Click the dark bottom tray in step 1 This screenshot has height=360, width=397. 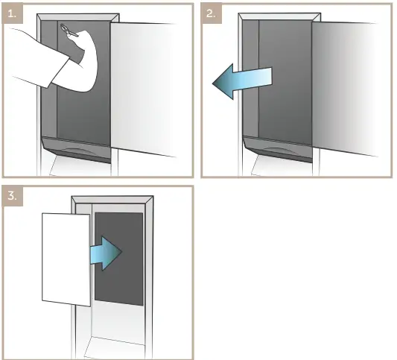coord(75,148)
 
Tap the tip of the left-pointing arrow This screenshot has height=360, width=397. coord(215,83)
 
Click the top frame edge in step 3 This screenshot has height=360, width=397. coord(112,200)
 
